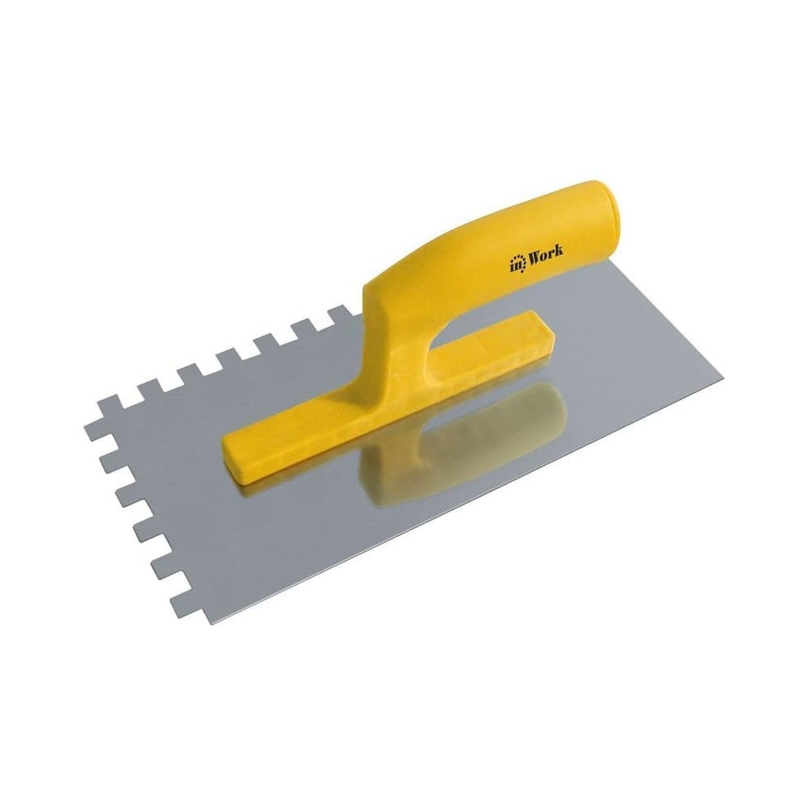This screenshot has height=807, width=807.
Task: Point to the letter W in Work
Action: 531,256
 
